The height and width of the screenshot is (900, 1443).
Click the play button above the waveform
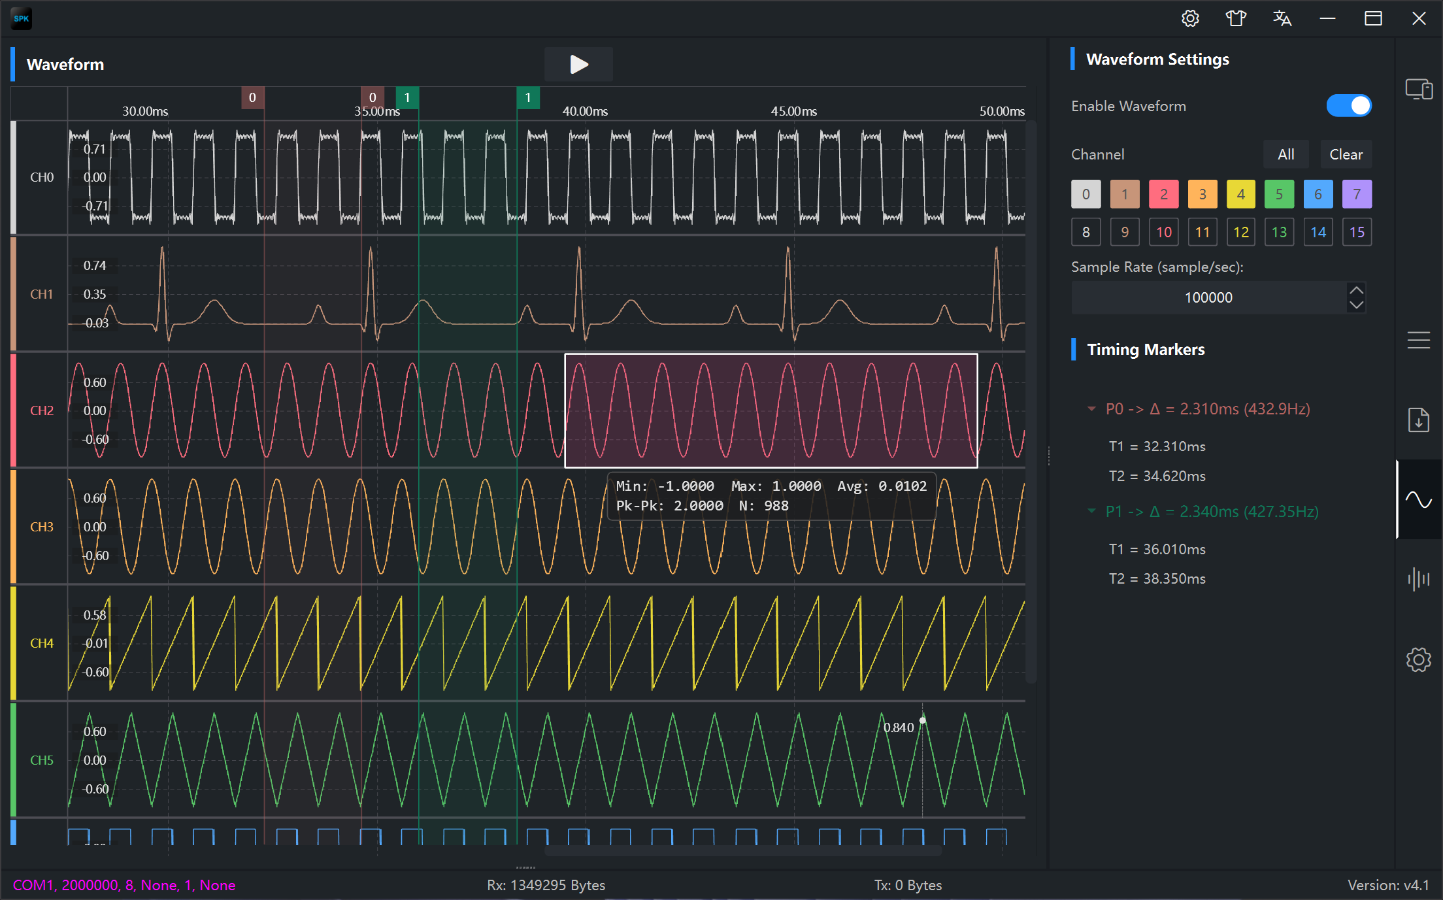(578, 64)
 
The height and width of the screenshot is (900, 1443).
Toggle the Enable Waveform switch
(1349, 106)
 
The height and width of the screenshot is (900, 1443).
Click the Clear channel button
(1346, 155)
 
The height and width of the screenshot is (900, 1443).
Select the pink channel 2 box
(1164, 194)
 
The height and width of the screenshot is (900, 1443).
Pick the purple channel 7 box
(1357, 194)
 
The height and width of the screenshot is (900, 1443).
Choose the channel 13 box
(1279, 232)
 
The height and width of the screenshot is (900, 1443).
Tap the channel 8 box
(1086, 232)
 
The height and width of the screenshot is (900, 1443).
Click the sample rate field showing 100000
(1208, 297)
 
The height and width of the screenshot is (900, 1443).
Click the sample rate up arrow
(1357, 290)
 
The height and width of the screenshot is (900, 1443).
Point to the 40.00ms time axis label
(585, 111)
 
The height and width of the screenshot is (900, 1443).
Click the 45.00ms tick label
(793, 111)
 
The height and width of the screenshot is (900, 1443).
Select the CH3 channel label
(42, 527)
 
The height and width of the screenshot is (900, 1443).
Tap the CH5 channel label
(42, 760)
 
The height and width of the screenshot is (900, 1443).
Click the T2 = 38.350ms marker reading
(1157, 578)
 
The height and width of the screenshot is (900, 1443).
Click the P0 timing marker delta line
(1208, 409)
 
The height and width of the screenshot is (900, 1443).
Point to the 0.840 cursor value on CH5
(899, 727)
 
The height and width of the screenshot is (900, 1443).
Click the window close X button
(1418, 18)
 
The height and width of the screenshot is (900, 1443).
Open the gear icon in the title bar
(1190, 18)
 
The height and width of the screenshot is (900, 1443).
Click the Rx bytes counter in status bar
(546, 885)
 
